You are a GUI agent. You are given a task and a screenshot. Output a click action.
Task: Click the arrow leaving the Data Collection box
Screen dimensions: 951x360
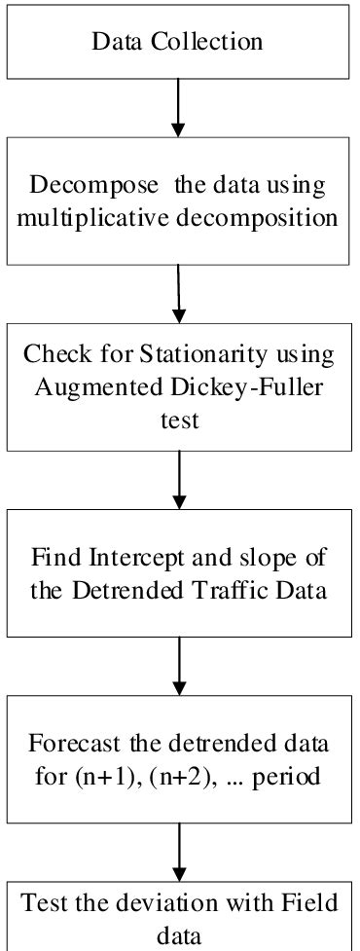click(x=177, y=107)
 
